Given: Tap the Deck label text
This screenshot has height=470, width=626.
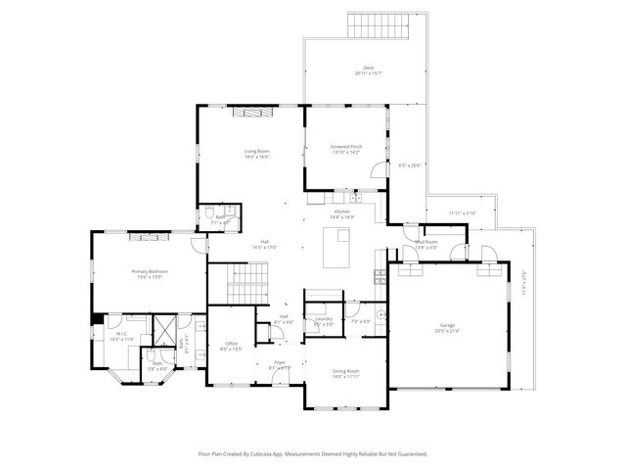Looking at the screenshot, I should coord(368,68).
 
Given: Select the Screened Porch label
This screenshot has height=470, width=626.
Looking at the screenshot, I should coord(346,147).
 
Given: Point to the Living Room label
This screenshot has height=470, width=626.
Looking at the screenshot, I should coord(256,151).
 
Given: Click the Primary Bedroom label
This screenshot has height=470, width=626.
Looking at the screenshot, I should coord(150,271).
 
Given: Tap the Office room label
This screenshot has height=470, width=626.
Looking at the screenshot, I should coord(232,344).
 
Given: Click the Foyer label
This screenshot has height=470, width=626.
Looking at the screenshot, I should coord(280,362).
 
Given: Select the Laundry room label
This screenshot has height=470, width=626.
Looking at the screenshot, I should coord(323,319).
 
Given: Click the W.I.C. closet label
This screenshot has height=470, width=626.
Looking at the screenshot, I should coord(121,334).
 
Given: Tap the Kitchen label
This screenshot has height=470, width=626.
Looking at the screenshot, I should coord(342,212).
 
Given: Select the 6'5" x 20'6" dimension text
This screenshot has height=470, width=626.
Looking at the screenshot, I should coord(409,164).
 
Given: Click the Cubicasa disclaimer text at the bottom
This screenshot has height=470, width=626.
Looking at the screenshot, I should coord(313,453).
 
